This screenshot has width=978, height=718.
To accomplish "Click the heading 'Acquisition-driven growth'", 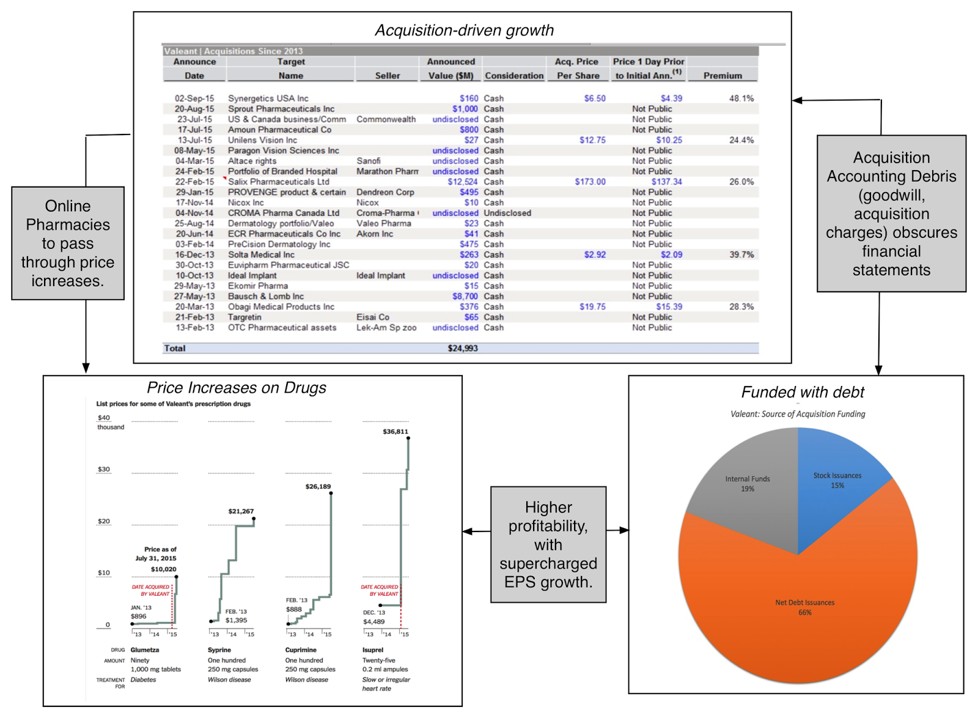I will tap(464, 31).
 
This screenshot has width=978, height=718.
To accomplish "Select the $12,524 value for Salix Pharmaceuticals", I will tap(462, 182).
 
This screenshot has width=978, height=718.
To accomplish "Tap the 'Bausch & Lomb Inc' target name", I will tap(266, 296).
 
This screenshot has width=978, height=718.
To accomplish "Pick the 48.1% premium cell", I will tap(741, 98).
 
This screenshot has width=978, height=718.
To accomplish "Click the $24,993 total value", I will tap(463, 348).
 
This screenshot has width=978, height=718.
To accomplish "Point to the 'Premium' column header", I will tap(722, 76).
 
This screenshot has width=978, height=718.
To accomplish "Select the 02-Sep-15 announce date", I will tap(194, 98).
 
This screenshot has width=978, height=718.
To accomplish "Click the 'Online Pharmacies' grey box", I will tap(68, 243).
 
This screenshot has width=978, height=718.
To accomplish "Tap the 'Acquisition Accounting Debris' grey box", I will tap(891, 213).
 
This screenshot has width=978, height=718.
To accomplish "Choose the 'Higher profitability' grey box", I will tap(548, 544).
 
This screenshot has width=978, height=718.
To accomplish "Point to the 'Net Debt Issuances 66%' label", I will tap(804, 607).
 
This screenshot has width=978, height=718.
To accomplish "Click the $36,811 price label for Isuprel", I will tap(395, 432).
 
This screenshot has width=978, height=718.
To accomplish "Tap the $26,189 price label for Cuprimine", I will tap(318, 487).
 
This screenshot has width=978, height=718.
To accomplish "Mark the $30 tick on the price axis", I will tap(104, 470).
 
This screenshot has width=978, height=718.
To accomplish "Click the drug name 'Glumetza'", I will tap(145, 650).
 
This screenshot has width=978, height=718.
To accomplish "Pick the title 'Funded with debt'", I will tap(803, 393).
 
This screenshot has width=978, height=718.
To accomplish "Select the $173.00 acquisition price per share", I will tap(590, 182).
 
